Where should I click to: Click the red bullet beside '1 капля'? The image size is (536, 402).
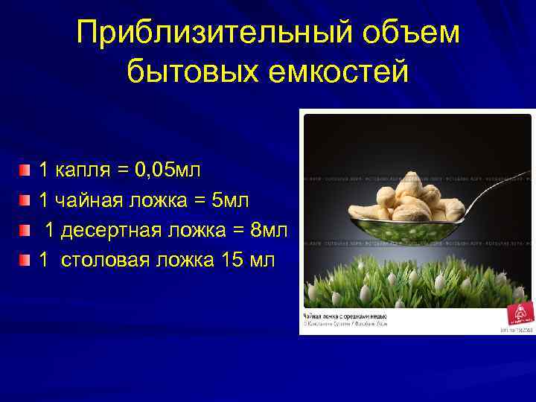pos(26,171)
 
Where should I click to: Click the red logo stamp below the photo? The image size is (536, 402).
pos(517,312)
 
